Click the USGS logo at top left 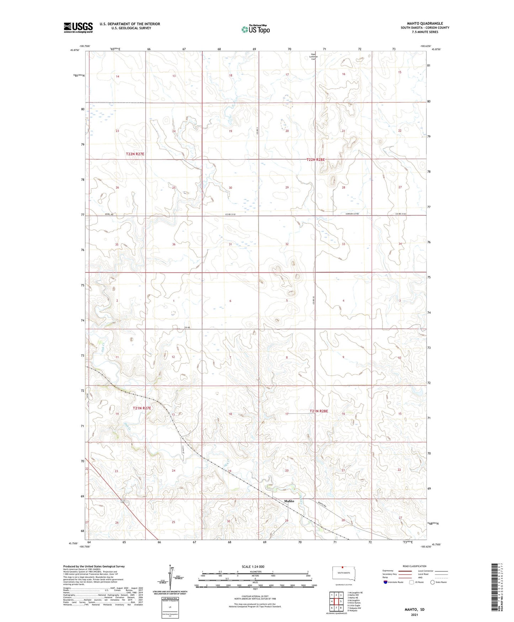78,27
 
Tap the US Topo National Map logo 255,29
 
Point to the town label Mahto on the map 289,501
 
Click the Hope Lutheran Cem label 313,57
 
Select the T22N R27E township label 135,154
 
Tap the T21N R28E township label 318,411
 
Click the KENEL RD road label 109,214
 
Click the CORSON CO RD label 352,214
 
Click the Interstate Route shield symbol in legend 386,582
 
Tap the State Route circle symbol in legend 432,582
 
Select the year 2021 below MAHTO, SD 414,615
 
